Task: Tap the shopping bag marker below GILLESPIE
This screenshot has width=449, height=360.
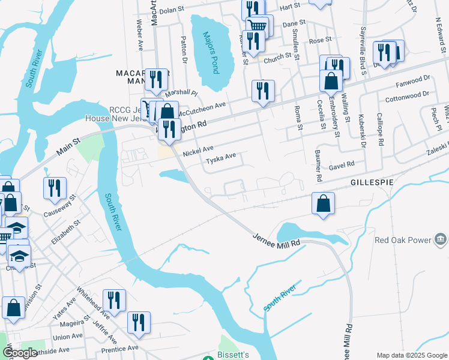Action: [x=323, y=204]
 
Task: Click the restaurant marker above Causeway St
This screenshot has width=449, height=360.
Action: [x=55, y=188]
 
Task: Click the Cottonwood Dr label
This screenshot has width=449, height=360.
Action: [x=407, y=96]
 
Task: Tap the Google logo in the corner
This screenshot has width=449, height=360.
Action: [x=19, y=353]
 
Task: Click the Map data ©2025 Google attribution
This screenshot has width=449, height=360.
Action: [x=412, y=355]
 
